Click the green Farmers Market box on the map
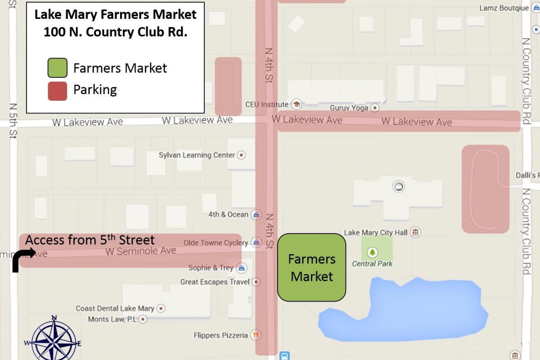pyautogui.click(x=311, y=267)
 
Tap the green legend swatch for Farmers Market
pyautogui.click(x=58, y=68)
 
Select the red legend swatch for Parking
pyautogui.click(x=58, y=90)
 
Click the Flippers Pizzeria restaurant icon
pyautogui.click(x=256, y=335)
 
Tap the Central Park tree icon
pyautogui.click(x=372, y=252)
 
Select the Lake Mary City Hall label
pyautogui.click(x=376, y=233)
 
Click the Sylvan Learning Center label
pyautogui.click(x=197, y=155)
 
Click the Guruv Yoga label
pyautogui.click(x=349, y=108)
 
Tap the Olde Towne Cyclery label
pyautogui.click(x=216, y=243)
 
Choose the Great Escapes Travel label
pyautogui.click(x=215, y=282)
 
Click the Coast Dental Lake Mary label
pyautogui.click(x=115, y=309)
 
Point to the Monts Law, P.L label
pyautogui.click(x=112, y=319)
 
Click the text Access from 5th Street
pyautogui.click(x=90, y=240)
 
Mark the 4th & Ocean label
pyautogui.click(x=228, y=215)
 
